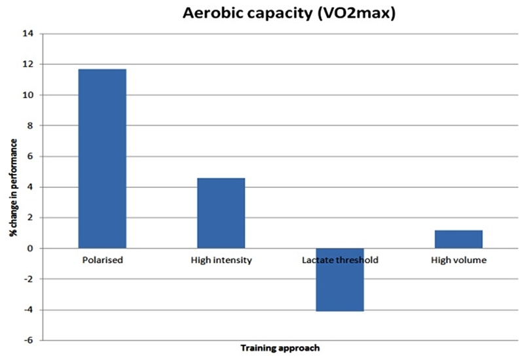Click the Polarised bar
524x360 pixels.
point(102,158)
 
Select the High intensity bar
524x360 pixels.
point(221,213)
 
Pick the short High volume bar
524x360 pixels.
point(458,239)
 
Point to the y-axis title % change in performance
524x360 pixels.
point(13,186)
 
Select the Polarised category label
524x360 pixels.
point(102,260)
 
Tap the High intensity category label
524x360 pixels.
point(221,260)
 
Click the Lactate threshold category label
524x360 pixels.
point(339,260)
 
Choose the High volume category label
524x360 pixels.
point(458,260)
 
